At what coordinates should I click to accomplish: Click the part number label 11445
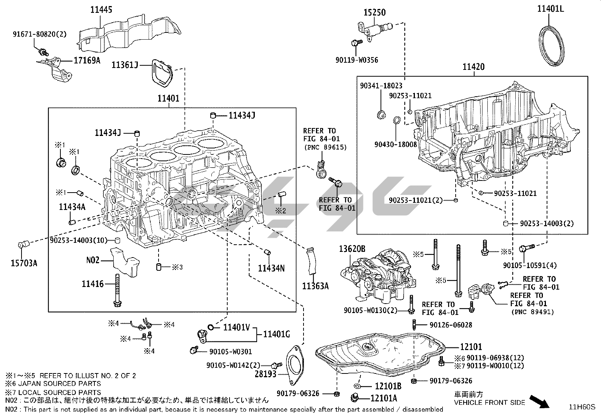[101, 10]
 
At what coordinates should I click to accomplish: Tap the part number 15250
[374, 12]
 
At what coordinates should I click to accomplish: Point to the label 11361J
[124, 65]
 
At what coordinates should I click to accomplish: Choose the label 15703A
[23, 263]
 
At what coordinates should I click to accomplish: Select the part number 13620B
[352, 249]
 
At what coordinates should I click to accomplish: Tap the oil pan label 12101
[471, 347]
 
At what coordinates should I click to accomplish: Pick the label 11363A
[315, 286]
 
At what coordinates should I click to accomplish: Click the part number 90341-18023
[381, 86]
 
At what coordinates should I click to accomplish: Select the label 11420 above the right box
[473, 67]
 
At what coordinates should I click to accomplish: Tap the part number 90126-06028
[450, 325]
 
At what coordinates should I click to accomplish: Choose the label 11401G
[276, 334]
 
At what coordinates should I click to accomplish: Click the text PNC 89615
[325, 147]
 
